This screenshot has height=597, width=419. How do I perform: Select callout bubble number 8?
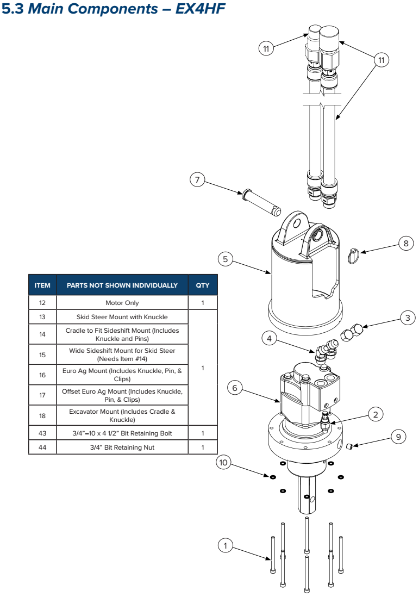coord(406,243)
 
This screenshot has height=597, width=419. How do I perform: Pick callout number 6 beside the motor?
coord(235,388)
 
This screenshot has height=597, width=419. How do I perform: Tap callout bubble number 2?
coord(375,414)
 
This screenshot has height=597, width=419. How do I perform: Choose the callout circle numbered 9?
coord(398,436)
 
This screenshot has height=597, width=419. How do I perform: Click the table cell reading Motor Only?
coord(122,303)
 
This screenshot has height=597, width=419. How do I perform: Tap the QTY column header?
coord(202,285)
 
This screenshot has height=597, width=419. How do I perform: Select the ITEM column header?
coord(42,285)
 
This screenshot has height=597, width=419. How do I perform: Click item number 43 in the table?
coord(42,433)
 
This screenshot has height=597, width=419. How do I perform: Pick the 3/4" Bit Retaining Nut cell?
coord(122,447)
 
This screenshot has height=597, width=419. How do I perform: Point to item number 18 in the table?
coord(42,415)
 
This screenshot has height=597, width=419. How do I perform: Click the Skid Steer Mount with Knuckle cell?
coord(122,316)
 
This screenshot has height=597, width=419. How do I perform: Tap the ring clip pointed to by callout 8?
coord(354,255)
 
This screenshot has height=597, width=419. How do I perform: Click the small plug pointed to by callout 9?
coord(351,447)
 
